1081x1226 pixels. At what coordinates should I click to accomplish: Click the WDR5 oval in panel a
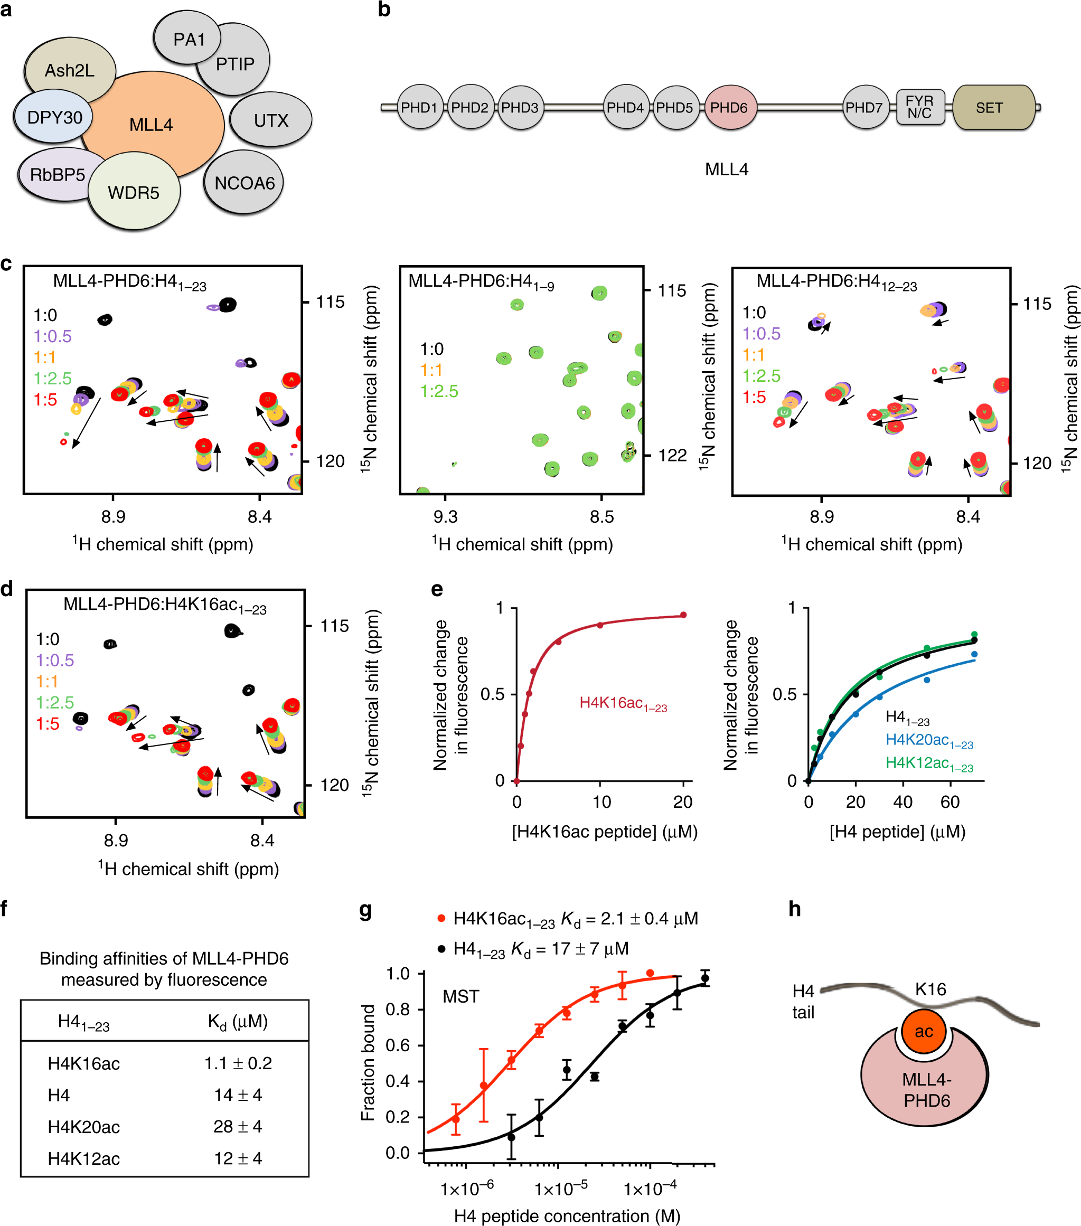click(x=133, y=193)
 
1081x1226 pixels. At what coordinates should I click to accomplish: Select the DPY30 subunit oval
click(x=54, y=117)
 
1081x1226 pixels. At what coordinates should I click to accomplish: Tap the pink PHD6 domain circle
click(x=729, y=108)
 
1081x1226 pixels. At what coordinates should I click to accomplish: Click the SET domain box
click(x=989, y=108)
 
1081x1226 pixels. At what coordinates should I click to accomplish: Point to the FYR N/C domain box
click(x=919, y=107)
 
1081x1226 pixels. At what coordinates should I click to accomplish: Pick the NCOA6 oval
click(x=244, y=183)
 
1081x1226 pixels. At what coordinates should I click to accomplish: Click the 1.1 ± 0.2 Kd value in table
click(x=238, y=1063)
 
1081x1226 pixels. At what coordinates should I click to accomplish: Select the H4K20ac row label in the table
click(x=83, y=1127)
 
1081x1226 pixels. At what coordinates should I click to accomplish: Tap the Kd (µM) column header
click(x=238, y=1022)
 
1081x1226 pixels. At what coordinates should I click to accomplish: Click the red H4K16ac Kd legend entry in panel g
click(x=570, y=919)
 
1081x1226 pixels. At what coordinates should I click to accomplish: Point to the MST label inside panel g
click(x=460, y=997)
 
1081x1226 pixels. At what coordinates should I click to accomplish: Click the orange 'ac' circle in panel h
click(x=923, y=1032)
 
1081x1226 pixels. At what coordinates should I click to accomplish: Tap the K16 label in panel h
click(x=930, y=989)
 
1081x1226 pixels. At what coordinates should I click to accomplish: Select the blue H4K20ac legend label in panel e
click(x=928, y=741)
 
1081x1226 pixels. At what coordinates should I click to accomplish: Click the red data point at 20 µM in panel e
click(x=683, y=615)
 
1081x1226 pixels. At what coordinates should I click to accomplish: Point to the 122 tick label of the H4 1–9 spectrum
click(x=672, y=456)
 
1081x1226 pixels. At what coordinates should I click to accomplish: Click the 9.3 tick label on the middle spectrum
click(x=445, y=517)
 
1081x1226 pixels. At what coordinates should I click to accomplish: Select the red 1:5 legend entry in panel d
click(x=48, y=724)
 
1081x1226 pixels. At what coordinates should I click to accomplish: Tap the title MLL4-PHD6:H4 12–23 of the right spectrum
click(x=836, y=281)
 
